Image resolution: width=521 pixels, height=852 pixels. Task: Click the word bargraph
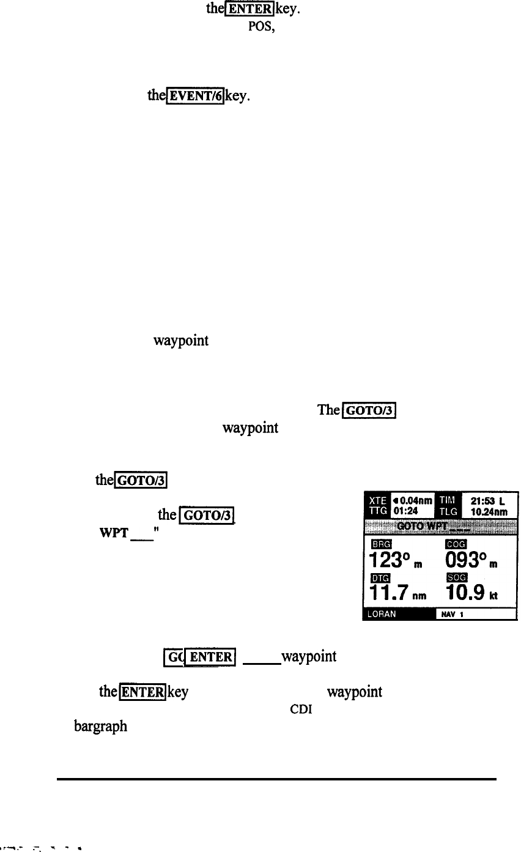click(x=102, y=725)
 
